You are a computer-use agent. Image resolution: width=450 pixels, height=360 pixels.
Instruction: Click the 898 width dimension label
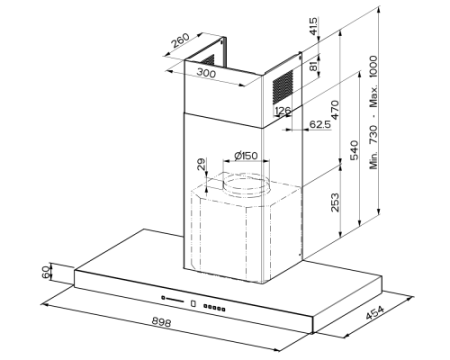161,322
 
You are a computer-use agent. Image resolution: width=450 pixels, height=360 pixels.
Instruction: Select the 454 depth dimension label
375,312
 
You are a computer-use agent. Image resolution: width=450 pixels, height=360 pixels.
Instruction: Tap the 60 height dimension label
46,271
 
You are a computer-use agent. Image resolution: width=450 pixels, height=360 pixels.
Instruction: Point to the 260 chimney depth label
180,40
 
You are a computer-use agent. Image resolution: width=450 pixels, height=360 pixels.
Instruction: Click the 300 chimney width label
206,72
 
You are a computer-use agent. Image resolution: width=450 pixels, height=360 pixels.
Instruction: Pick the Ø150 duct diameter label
246,155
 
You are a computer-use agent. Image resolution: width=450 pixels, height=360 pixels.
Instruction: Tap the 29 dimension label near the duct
201,164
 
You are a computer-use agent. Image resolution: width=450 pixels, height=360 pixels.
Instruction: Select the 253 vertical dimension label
334,202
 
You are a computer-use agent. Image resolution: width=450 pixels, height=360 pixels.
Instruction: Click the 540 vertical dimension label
354,150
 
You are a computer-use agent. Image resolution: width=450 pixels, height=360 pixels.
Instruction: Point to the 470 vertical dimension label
334,110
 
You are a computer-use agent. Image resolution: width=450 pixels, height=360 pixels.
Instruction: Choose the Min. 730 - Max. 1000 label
374,112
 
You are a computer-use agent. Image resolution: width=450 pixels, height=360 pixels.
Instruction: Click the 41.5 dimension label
313,26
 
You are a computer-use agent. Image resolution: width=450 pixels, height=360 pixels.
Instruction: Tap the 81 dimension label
313,65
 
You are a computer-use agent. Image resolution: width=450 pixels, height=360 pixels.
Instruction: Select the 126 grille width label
283,110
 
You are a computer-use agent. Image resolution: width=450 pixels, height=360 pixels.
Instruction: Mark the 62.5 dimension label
320,124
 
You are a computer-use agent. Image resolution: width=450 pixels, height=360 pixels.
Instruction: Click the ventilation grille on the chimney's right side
283,86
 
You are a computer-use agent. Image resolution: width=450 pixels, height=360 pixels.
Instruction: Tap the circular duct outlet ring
246,185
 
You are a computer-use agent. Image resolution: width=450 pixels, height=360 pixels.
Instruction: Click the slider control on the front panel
172,299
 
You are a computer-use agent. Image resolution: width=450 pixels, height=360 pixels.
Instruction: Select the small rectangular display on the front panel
193,303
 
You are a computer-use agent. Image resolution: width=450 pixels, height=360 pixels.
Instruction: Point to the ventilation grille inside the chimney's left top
208,60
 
